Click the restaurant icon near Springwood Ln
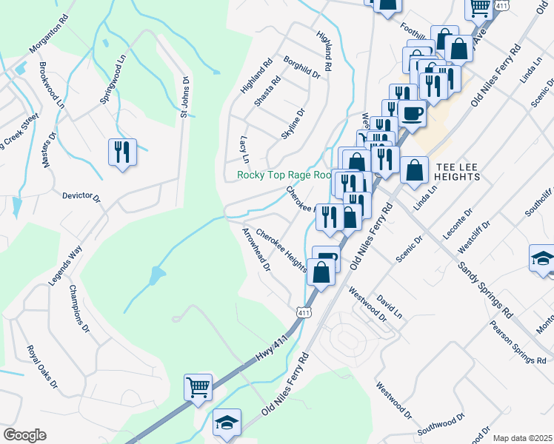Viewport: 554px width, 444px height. point(122,152)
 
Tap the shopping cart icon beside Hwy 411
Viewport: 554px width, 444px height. point(198,387)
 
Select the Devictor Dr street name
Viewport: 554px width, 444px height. point(81,196)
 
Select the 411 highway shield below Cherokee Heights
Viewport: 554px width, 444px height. point(303,312)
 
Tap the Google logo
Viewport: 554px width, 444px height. point(25,435)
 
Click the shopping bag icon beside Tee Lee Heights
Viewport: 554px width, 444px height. point(414,169)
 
